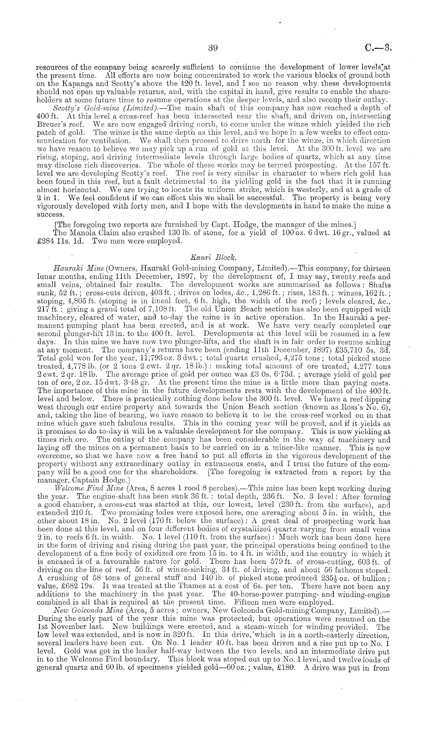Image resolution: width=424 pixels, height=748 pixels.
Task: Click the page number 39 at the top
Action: point(212,48)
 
